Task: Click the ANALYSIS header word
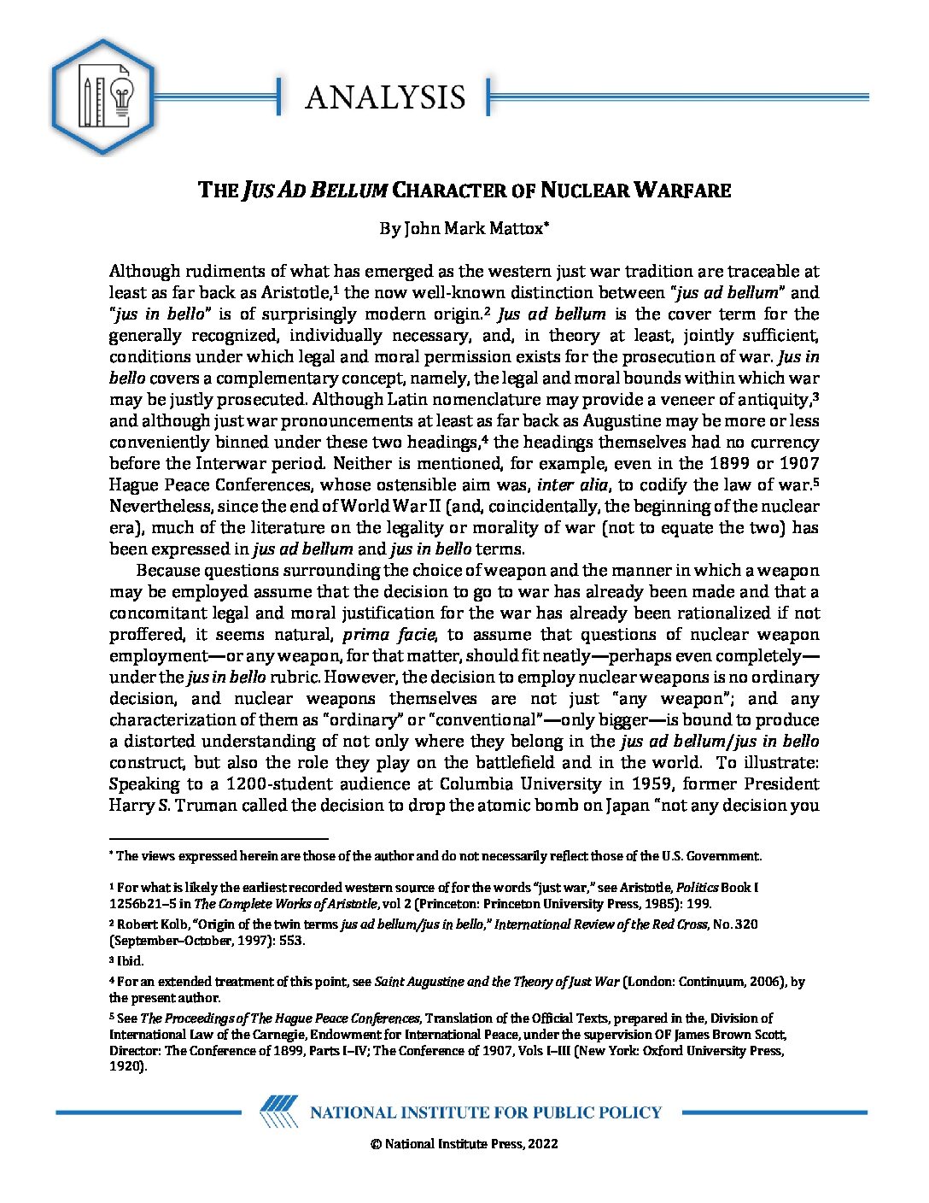point(385,97)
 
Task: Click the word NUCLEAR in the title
point(584,190)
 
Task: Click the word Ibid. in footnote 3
point(131,961)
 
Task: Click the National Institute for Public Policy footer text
point(485,1112)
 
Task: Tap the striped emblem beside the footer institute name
point(278,1112)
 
